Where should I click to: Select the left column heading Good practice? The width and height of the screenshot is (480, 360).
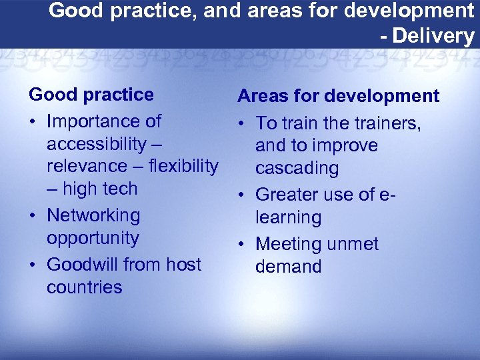point(91,95)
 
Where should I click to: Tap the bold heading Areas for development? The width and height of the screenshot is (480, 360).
point(338,96)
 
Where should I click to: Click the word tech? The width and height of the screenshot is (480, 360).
point(120,189)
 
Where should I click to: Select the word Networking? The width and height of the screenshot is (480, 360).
point(93,216)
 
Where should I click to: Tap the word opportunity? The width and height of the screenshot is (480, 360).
point(93,239)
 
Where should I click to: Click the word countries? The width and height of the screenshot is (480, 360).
point(85,287)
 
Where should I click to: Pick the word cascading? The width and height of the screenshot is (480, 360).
point(297,169)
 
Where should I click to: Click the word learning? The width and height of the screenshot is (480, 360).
point(288,217)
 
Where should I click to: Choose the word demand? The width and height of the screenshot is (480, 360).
point(288,267)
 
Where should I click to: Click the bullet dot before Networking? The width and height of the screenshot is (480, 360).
point(33,216)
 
